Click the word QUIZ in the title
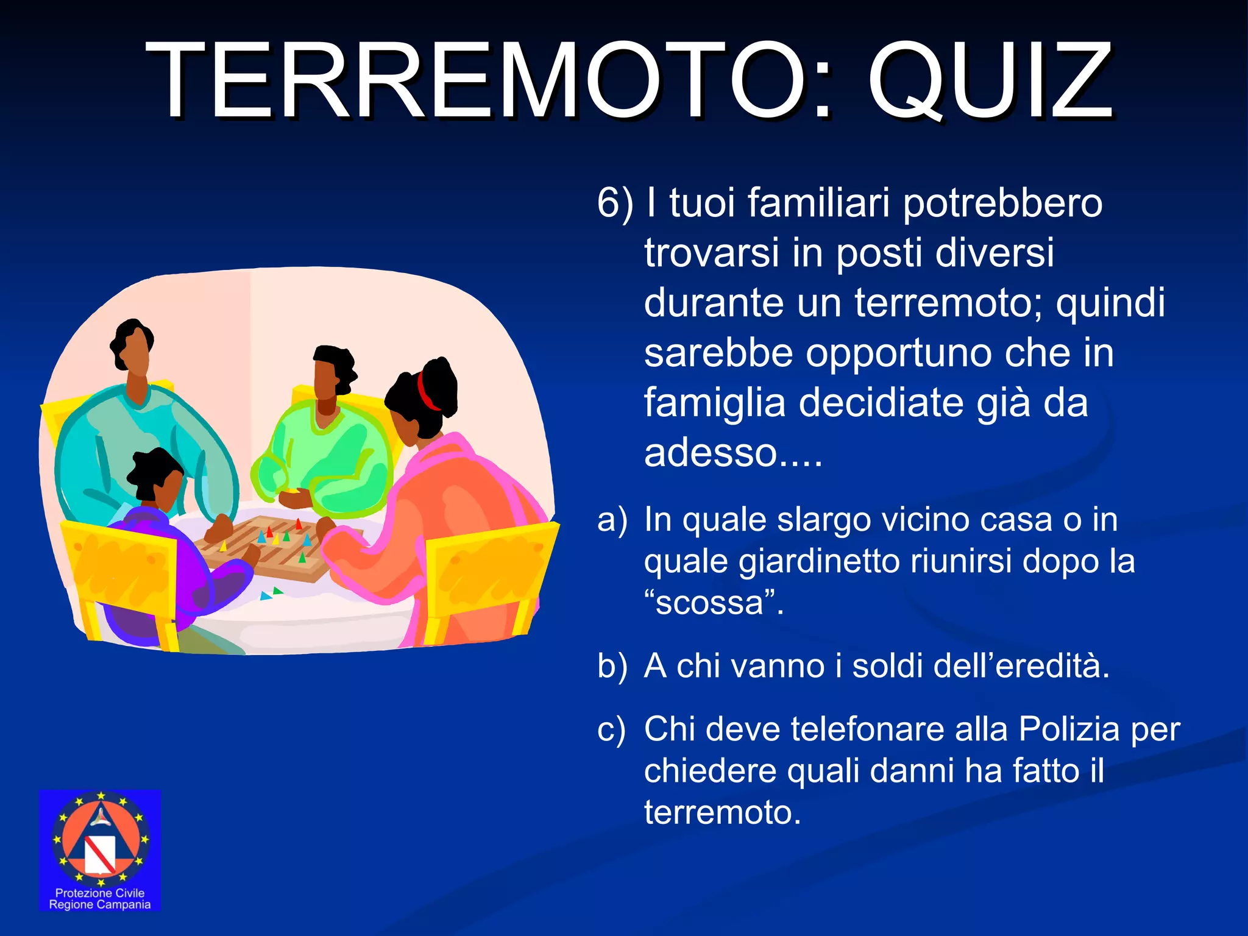tap(991, 80)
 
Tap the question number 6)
tap(615, 202)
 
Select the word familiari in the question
tap(820, 202)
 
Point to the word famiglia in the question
tap(714, 403)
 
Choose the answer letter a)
tap(612, 520)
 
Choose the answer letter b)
tap(612, 665)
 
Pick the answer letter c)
tap(611, 729)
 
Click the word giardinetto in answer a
tap(819, 562)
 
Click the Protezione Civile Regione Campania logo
tap(100, 850)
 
